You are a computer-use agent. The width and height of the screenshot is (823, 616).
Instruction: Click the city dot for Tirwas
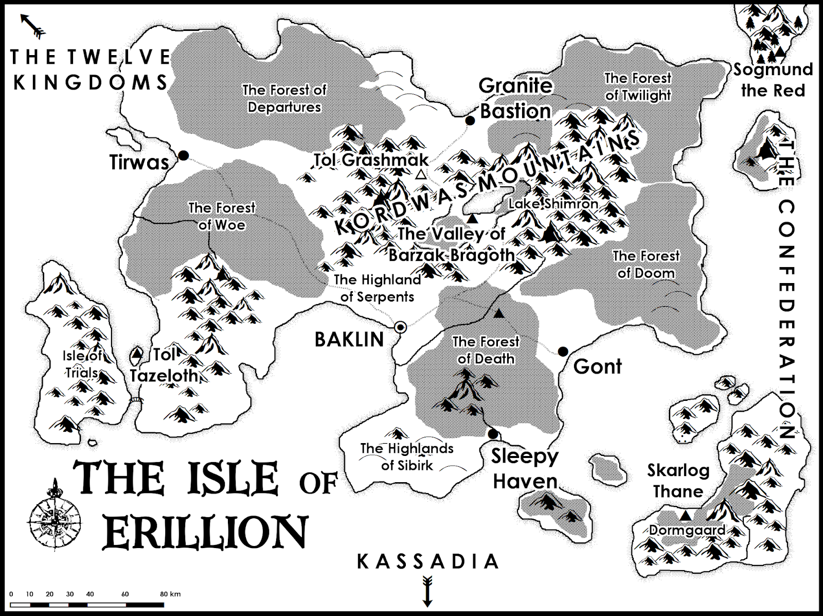[183, 155]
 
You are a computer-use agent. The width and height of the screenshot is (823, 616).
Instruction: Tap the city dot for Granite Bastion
[470, 120]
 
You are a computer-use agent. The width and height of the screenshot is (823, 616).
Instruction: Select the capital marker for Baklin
[400, 327]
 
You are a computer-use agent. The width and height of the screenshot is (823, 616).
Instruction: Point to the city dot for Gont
[563, 351]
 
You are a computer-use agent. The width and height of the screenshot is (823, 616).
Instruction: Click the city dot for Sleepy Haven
[493, 434]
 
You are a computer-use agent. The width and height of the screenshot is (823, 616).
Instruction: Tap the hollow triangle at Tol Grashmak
[421, 174]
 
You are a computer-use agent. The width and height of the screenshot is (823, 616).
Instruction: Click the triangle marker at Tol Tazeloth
[137, 354]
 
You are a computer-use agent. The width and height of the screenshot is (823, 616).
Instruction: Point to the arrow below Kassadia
[427, 591]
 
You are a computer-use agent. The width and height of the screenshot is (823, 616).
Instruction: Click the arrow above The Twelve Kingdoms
[33, 26]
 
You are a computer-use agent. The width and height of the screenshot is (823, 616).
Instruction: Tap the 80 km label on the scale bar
[170, 594]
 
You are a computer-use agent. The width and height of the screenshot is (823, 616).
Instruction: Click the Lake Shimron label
[553, 204]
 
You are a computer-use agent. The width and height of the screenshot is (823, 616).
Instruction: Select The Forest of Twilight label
[638, 86]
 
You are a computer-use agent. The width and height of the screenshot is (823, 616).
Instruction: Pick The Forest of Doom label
[646, 264]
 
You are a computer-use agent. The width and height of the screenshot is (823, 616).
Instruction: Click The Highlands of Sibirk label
[407, 456]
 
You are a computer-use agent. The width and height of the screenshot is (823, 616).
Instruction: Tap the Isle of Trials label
[82, 363]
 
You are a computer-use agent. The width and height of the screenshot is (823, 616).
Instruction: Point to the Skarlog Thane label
[678, 481]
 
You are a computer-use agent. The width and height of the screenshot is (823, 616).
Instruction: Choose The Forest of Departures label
[284, 98]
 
